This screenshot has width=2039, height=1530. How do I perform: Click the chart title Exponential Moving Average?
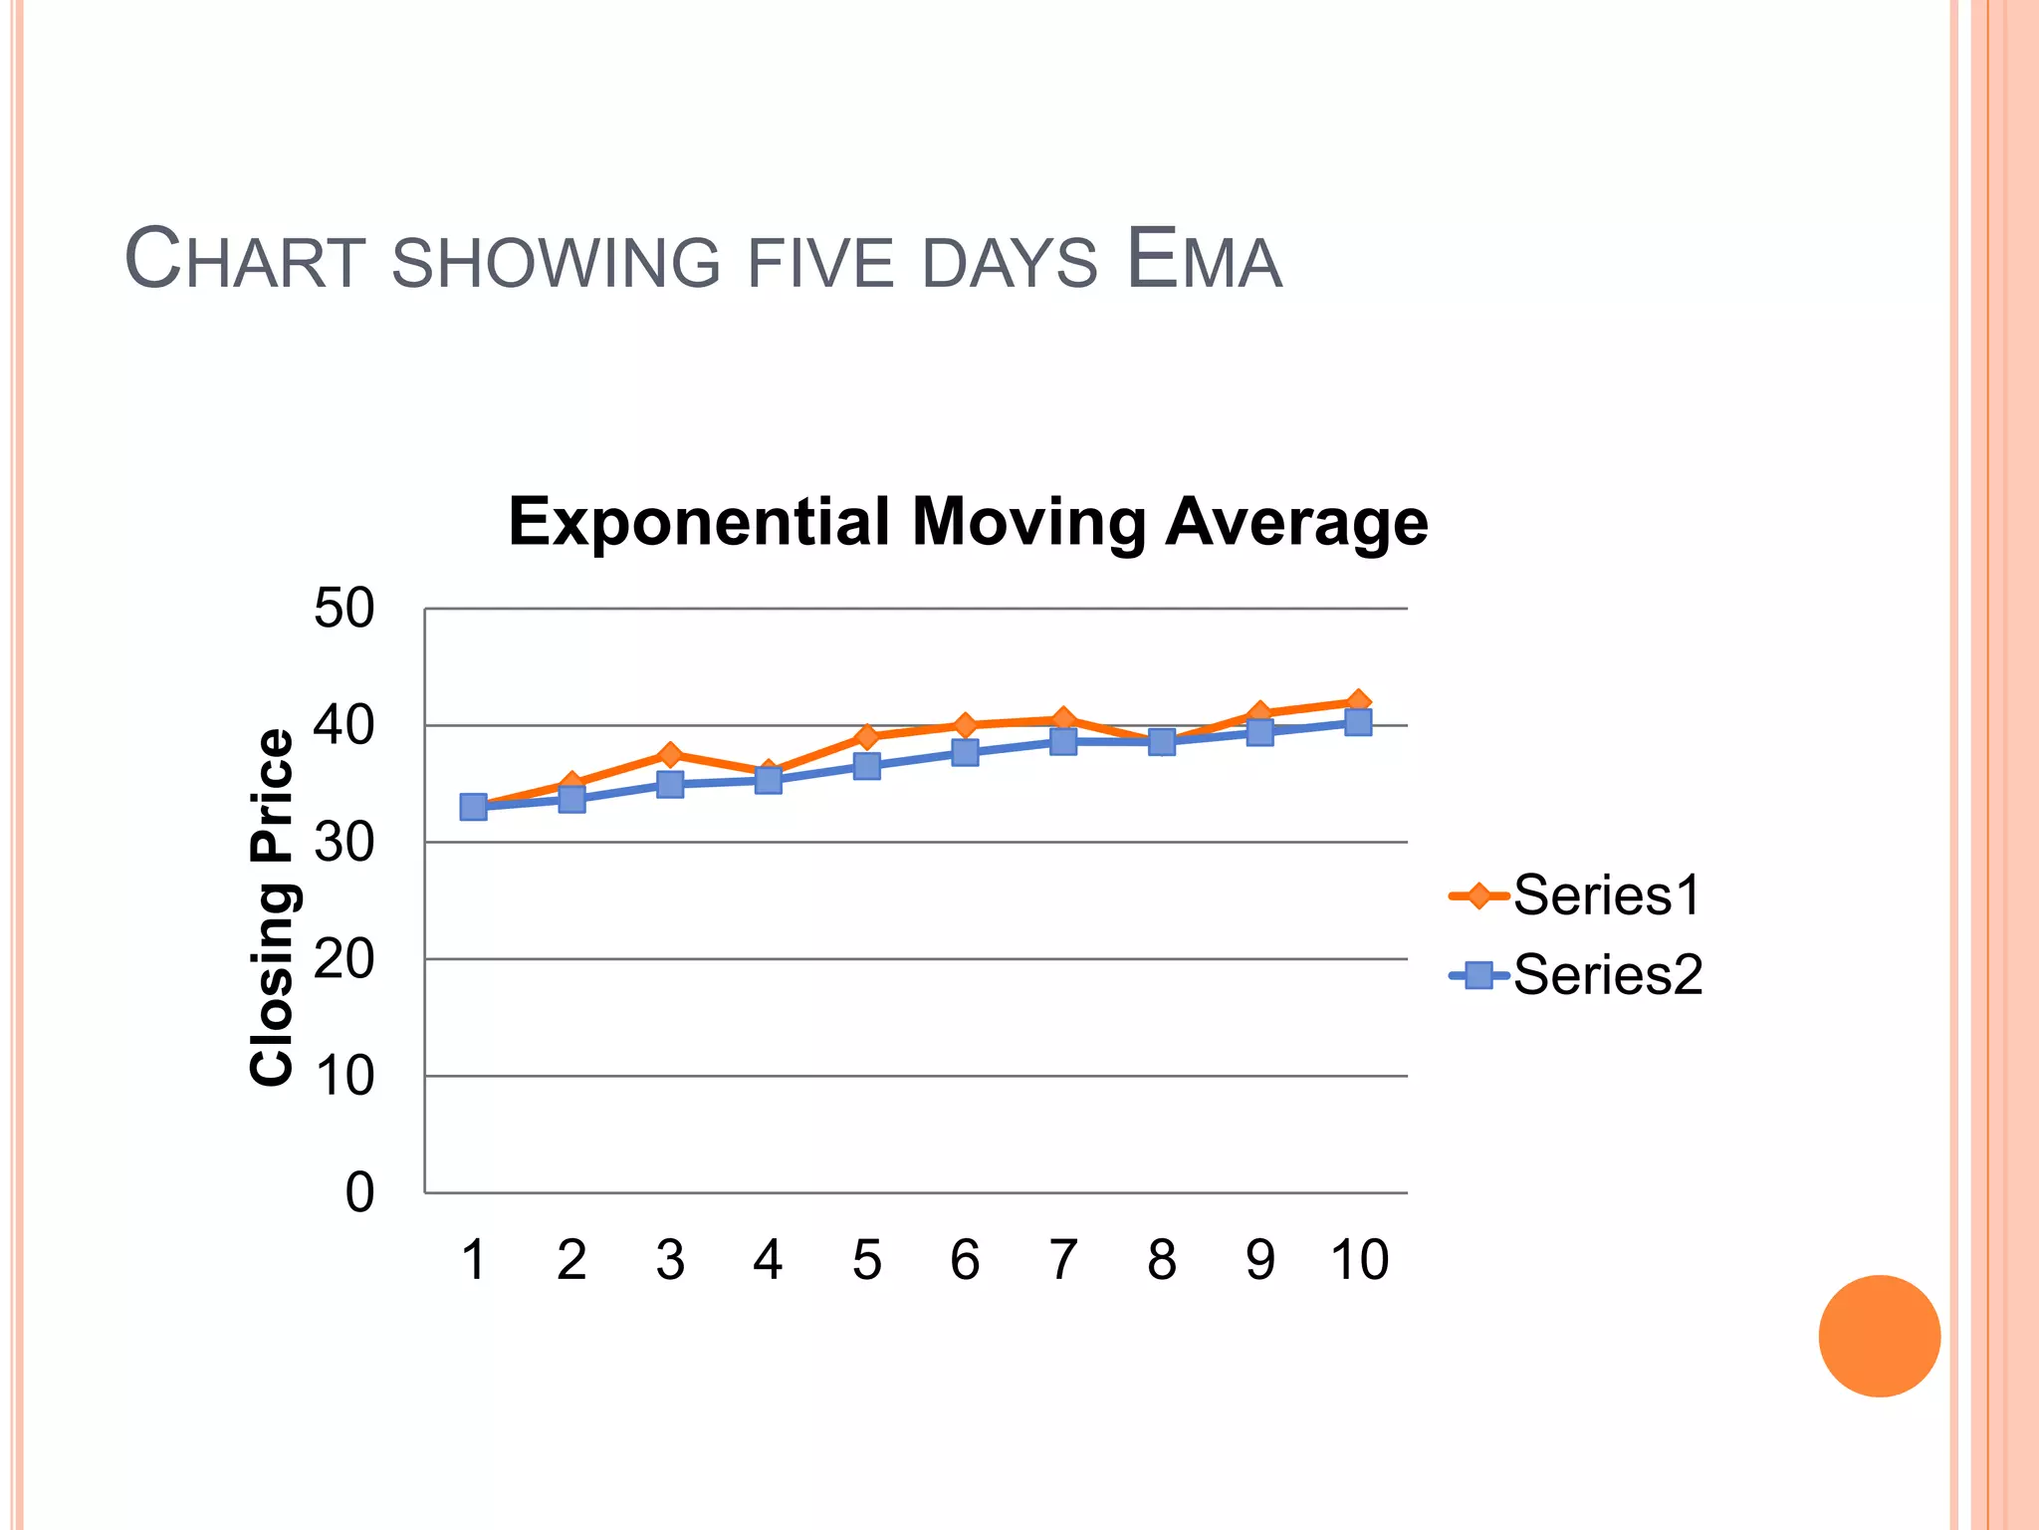coord(968,522)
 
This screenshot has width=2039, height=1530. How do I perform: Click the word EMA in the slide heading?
coord(1204,260)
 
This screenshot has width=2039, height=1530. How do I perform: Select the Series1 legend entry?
coord(1576,895)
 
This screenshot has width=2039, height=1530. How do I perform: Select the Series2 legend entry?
coord(1576,974)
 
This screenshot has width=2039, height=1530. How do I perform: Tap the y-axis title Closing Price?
coord(272,906)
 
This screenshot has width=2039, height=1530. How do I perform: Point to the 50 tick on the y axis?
coord(343,608)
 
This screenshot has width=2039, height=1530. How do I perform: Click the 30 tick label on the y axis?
coord(343,843)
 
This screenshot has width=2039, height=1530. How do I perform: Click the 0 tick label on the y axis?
coord(359,1192)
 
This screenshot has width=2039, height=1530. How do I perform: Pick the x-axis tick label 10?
coord(1359,1260)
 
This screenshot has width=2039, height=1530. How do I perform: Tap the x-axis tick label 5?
coord(866,1260)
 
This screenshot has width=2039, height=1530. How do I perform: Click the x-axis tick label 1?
coord(473,1260)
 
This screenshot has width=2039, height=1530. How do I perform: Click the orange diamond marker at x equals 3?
coord(670,754)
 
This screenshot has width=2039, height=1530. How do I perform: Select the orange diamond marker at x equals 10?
coord(1358,702)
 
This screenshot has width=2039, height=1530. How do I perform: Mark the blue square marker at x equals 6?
coord(965,752)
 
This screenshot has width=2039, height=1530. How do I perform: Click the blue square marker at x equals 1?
coord(474,807)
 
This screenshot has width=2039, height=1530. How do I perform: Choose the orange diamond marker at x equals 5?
coord(866,737)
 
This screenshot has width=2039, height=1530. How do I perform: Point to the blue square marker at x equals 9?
coord(1260,732)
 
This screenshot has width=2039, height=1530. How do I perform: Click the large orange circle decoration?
coord(1879,1336)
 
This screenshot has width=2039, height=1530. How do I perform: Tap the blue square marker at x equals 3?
coord(670,785)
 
